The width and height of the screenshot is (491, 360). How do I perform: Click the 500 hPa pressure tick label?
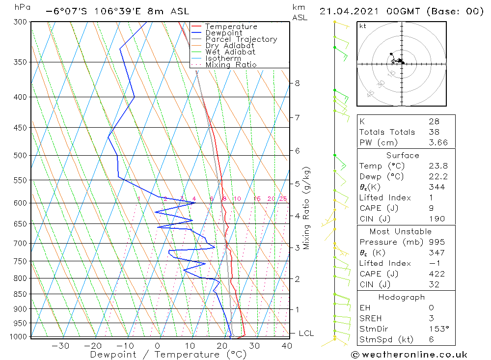[20, 155]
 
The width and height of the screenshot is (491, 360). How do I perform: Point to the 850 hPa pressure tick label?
[20, 294]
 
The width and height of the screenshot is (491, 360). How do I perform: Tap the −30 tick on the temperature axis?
[60, 346]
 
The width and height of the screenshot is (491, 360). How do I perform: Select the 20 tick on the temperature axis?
[222, 346]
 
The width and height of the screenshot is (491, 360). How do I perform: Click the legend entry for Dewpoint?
[223, 33]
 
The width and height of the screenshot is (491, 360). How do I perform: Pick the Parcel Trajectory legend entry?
[241, 39]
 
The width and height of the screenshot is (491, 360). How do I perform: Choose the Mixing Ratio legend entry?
[231, 65]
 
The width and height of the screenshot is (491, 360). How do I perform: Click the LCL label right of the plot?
[306, 333]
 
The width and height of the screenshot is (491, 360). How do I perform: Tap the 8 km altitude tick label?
[297, 83]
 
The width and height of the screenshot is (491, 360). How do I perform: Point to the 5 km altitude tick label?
[297, 184]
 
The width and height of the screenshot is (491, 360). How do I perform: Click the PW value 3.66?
[438, 142]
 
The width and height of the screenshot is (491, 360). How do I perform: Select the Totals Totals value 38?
[434, 132]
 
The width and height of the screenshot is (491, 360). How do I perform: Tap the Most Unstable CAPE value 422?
[437, 274]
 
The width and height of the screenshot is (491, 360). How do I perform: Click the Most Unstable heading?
[401, 231]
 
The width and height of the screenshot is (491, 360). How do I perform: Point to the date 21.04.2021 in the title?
[349, 12]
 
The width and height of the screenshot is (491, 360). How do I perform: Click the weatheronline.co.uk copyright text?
[409, 355]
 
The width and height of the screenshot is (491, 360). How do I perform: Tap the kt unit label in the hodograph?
[363, 26]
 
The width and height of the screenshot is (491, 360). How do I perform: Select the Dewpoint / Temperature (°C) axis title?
[168, 355]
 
